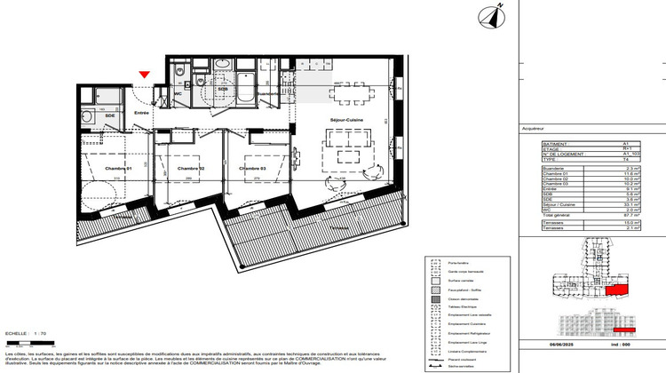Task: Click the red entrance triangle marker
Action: [145, 77]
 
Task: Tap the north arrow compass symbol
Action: [488, 15]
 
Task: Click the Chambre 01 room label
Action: [118, 169]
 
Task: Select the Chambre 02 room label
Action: [191, 169]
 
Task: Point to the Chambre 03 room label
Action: [252, 169]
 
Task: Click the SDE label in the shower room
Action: [110, 115]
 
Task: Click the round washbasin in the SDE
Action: [87, 114]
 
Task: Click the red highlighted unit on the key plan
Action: [614, 290]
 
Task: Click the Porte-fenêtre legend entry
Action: [461, 262]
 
